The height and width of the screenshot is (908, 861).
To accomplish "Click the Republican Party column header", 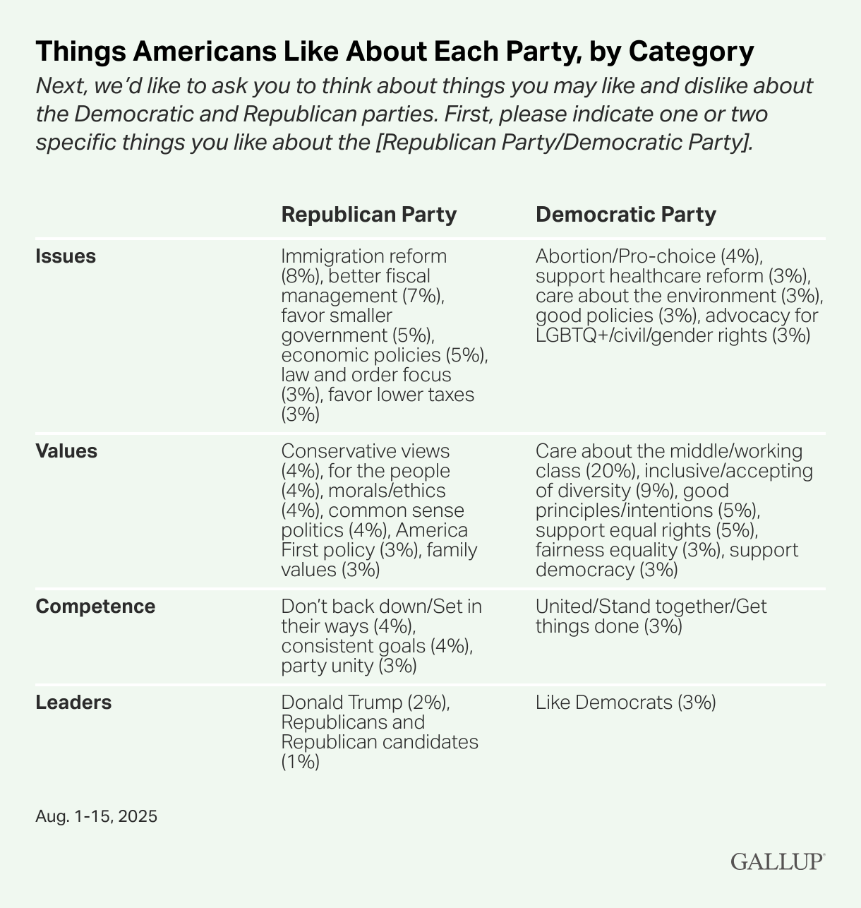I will point(368,215).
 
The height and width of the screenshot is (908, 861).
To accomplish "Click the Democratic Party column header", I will point(625,215).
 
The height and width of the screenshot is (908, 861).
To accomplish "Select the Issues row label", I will point(66,256).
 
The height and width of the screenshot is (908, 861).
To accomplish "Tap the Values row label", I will point(66,451).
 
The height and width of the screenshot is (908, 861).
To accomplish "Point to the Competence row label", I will point(95,607).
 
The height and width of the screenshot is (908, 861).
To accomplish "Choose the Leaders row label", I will point(73,703).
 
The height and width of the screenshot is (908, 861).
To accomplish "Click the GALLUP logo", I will point(777,861).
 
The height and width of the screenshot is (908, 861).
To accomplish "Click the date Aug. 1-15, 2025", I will point(96,817).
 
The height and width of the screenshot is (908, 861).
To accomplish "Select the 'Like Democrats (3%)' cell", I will point(625,703).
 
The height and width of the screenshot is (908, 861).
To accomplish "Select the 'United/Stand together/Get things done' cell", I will point(651,616).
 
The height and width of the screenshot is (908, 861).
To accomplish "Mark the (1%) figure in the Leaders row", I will point(300,762).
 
